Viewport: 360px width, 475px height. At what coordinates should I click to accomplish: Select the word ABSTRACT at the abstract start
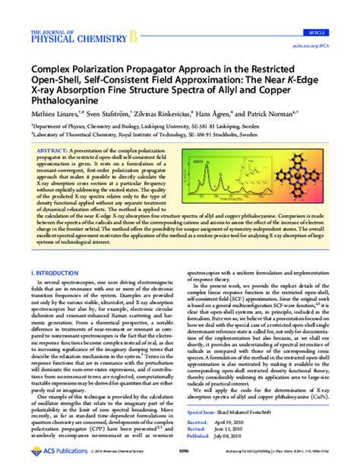(x=49, y=152)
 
